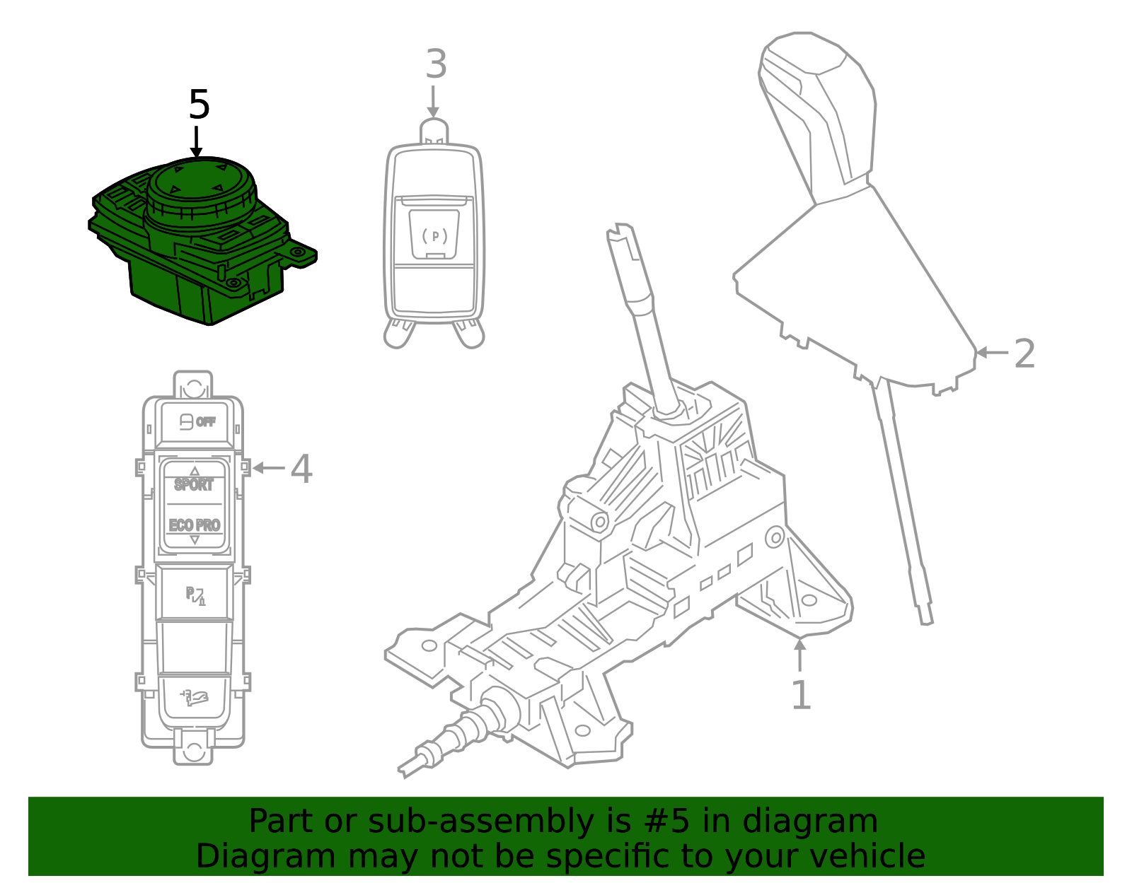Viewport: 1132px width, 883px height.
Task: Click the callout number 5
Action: click(x=199, y=105)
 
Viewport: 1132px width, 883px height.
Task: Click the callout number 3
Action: click(x=436, y=64)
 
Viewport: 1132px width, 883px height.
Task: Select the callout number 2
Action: click(x=1024, y=353)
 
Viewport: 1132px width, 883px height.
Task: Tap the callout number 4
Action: click(x=301, y=469)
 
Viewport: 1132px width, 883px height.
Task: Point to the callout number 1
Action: click(x=800, y=695)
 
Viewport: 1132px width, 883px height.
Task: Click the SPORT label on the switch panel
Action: click(x=194, y=485)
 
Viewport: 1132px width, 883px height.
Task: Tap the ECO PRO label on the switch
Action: click(x=195, y=525)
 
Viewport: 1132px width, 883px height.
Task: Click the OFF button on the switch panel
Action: click(x=195, y=422)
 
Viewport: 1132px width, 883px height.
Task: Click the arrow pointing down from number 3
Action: click(x=433, y=103)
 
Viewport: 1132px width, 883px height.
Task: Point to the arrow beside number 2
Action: click(x=990, y=352)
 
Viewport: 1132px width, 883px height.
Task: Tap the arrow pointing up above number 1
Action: click(x=800, y=654)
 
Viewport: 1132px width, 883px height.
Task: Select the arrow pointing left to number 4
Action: click(x=267, y=468)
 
